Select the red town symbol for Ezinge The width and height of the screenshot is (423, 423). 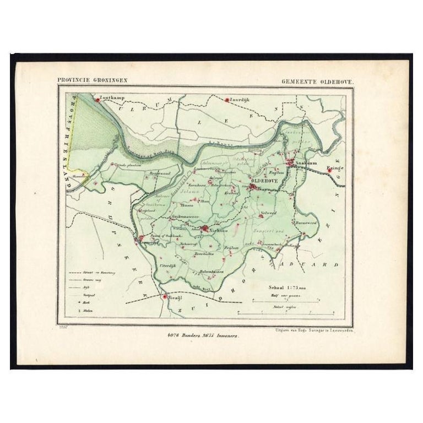[329, 170]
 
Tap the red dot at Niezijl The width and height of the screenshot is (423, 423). [164, 297]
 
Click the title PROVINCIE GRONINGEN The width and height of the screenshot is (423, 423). [93, 80]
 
